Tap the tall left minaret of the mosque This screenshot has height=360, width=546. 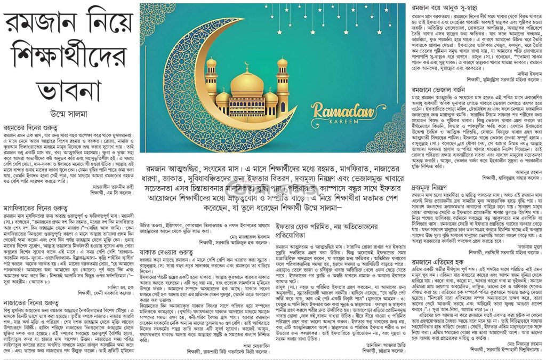212,85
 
